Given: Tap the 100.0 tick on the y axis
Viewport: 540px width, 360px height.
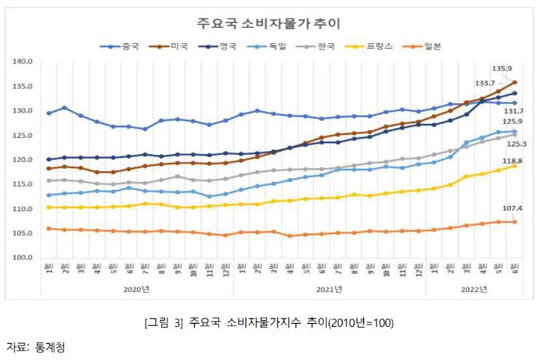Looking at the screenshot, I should pyautogui.click(x=23, y=257).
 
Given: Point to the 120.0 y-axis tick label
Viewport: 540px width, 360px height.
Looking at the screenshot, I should pyautogui.click(x=23, y=160).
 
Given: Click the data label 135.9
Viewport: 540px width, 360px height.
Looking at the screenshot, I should pyautogui.click(x=503, y=69).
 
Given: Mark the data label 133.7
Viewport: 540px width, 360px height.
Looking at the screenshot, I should pyautogui.click(x=486, y=83).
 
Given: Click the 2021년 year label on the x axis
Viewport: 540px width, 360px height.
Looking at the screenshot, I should pyautogui.click(x=329, y=289).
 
